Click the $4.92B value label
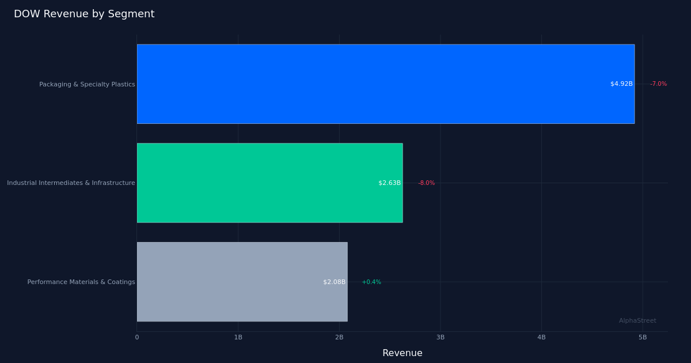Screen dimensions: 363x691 (621, 84)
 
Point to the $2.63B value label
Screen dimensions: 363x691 (389, 183)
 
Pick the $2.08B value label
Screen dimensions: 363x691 (334, 282)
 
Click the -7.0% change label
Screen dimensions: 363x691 (658, 84)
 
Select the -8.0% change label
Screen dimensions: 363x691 (426, 183)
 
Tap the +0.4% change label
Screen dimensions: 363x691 (371, 282)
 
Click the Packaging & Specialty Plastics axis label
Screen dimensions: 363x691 (87, 85)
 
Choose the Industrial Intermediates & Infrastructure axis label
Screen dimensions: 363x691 (71, 183)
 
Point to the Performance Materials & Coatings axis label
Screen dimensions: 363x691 (81, 282)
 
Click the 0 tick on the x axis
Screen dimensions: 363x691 (137, 338)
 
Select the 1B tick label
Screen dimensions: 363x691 (238, 338)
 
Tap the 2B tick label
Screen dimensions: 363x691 (339, 338)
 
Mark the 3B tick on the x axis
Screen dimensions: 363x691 (441, 338)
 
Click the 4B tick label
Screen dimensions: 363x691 (541, 338)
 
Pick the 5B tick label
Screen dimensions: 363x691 (643, 338)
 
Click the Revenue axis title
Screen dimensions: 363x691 (402, 353)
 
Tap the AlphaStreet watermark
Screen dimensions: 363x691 (637, 321)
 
